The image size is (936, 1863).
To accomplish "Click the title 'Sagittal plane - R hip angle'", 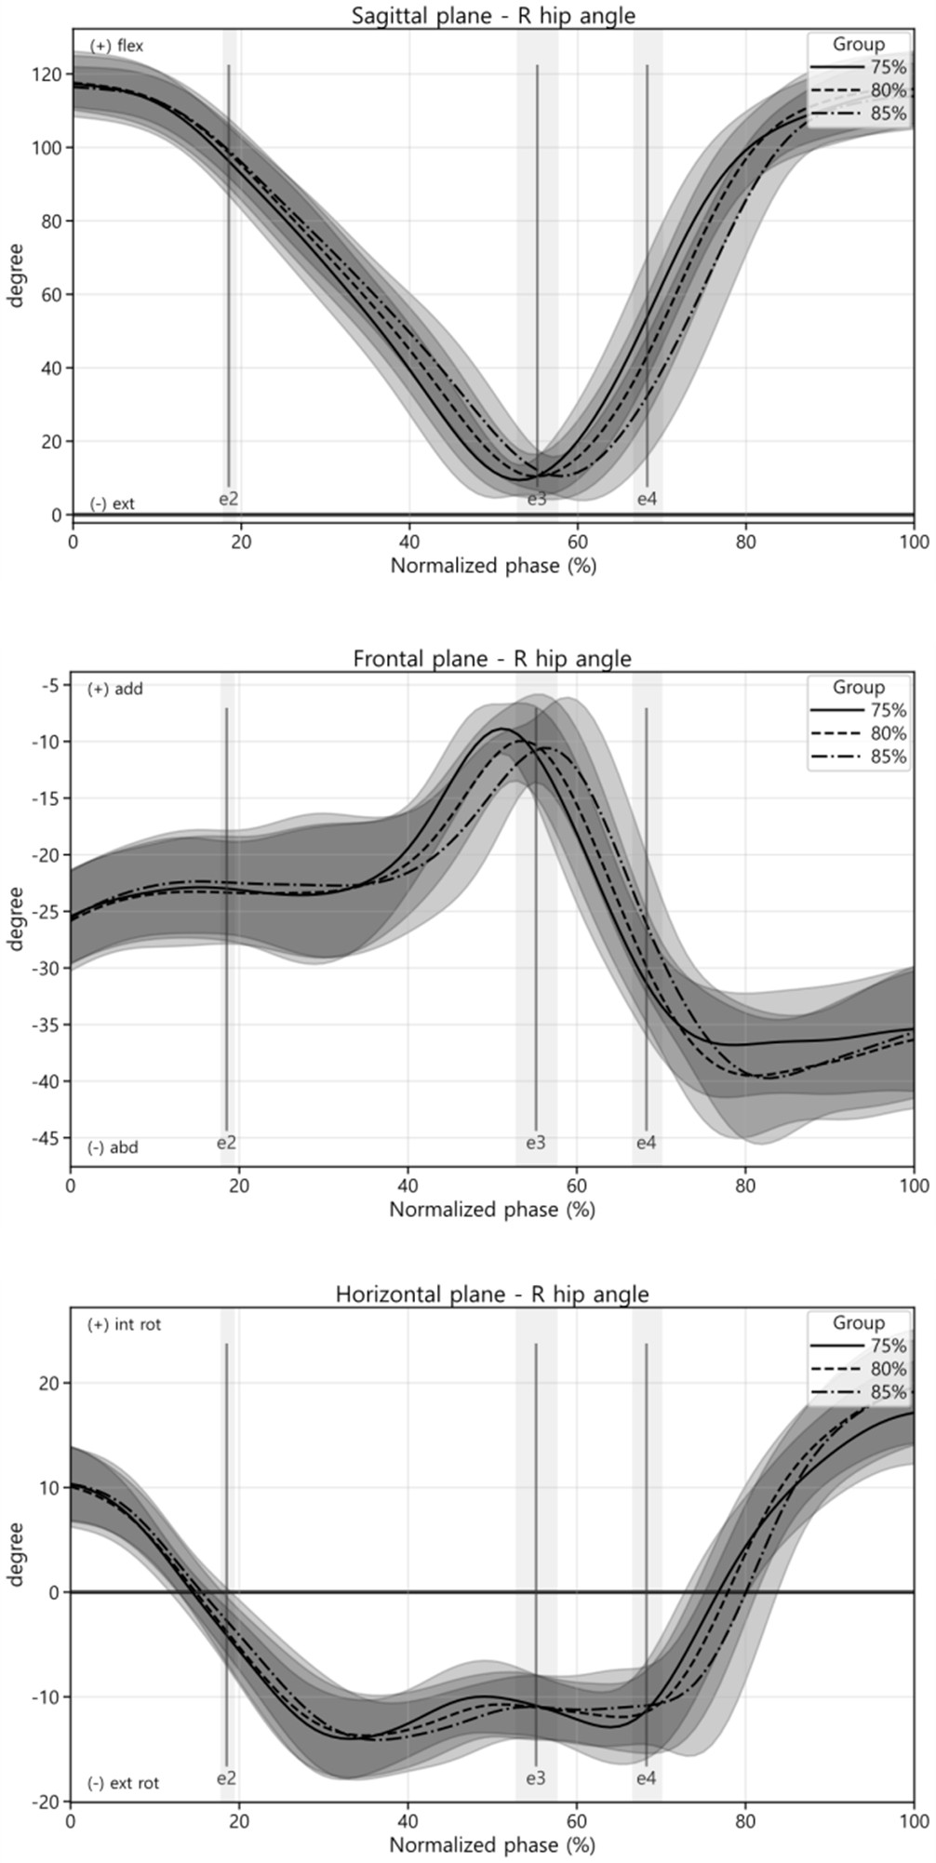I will (x=493, y=15).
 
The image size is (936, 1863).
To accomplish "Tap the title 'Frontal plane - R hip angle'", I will (x=492, y=659).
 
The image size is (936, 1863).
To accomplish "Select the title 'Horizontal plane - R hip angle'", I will (x=492, y=1294).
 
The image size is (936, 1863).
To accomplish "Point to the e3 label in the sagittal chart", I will (x=537, y=500).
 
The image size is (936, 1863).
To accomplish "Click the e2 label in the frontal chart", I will (x=227, y=1143).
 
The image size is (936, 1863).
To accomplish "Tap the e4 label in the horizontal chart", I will (x=647, y=1778).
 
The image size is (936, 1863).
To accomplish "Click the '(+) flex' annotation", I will (x=116, y=46).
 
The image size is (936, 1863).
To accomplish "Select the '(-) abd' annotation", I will (x=114, y=1147).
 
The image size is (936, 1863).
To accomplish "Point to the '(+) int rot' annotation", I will (x=124, y=1324).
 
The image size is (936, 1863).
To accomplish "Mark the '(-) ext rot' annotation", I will (x=124, y=1783).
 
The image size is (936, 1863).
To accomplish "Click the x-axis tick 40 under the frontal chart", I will (x=408, y=1186).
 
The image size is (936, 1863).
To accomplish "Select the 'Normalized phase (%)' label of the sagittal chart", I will (x=493, y=565).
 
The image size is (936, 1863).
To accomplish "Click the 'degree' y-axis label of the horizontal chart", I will (x=16, y=1554).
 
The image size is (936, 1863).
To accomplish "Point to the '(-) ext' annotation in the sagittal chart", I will (x=113, y=503).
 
